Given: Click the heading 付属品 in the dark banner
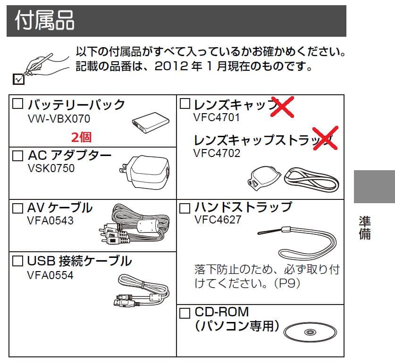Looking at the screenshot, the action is (x=44, y=20).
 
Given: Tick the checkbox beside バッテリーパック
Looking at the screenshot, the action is (x=17, y=103).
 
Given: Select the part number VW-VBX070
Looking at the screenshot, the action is (x=59, y=119).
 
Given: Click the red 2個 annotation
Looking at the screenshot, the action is (x=81, y=137).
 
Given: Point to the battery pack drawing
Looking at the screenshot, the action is (x=151, y=123).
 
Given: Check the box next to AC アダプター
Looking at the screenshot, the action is (x=17, y=156).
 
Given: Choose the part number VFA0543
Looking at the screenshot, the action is (x=50, y=221).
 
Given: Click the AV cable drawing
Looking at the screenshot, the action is (x=134, y=224).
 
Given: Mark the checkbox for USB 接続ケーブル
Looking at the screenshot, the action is (x=17, y=261).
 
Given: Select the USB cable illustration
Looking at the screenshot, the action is (x=141, y=290).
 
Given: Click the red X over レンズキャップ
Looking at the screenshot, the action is (x=282, y=107).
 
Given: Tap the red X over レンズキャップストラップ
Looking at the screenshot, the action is (x=325, y=138).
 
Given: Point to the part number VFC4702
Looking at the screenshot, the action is (x=217, y=153).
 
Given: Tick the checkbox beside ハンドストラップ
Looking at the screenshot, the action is (x=185, y=208).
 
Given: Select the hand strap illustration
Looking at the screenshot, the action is (x=297, y=242).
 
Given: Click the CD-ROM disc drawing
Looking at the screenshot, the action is (x=310, y=332).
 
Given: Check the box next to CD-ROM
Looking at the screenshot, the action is (x=185, y=313).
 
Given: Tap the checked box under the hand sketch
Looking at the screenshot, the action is (x=19, y=79).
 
